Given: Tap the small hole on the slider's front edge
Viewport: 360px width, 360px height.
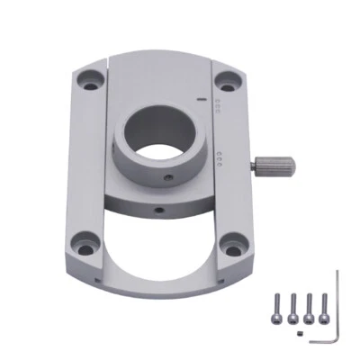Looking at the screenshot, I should coord(159,210).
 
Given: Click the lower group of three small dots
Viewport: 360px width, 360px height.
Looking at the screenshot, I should coord(221,159).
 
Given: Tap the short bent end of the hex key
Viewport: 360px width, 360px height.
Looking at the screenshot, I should coord(319,340).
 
